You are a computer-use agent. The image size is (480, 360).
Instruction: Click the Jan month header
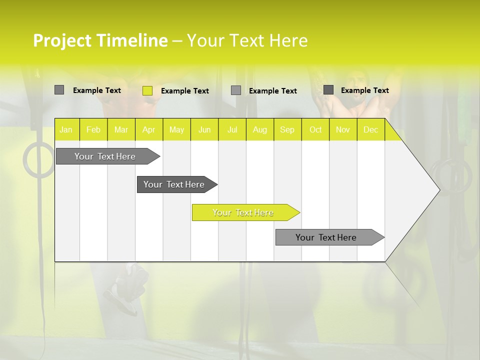click(x=66, y=129)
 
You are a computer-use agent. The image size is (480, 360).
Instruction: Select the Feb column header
click(x=93, y=129)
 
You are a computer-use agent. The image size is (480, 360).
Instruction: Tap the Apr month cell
click(x=149, y=129)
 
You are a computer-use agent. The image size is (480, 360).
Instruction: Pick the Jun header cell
click(x=204, y=129)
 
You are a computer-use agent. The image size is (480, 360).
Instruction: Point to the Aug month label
click(x=260, y=129)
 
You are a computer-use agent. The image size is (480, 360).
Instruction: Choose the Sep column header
click(x=287, y=129)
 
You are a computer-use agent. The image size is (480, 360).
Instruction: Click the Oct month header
click(x=315, y=129)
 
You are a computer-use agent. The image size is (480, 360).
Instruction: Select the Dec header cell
click(x=371, y=129)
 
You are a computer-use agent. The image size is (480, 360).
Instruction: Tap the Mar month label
click(x=121, y=129)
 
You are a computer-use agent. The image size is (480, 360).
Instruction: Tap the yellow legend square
click(x=147, y=90)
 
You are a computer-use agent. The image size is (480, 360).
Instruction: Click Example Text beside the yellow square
click(x=185, y=91)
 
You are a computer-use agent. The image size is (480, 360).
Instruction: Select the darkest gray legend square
click(x=328, y=90)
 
